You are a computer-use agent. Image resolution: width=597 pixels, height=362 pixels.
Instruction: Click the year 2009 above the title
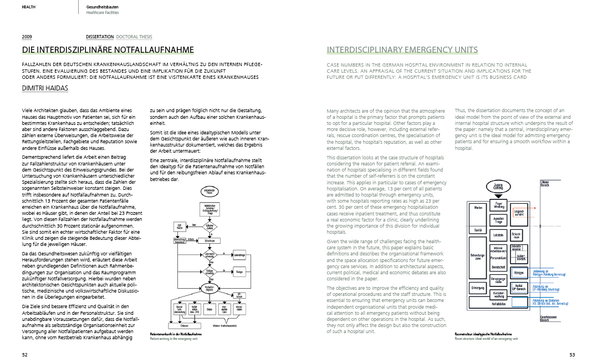click(x=27, y=37)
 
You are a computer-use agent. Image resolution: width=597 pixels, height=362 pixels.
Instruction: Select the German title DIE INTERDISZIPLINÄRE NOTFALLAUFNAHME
click(x=108, y=50)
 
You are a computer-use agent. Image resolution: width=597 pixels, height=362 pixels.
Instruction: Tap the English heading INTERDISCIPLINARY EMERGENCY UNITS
click(x=402, y=50)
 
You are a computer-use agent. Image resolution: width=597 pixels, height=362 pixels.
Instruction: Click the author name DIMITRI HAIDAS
click(x=45, y=88)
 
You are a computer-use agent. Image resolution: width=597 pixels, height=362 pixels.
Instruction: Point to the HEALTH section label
click(x=29, y=7)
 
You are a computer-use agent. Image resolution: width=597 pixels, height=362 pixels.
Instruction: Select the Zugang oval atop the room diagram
click(x=497, y=187)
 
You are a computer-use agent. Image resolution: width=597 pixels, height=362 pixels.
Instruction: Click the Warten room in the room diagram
click(x=476, y=207)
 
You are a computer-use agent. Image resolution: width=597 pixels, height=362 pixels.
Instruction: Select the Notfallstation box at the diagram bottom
click(x=498, y=304)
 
